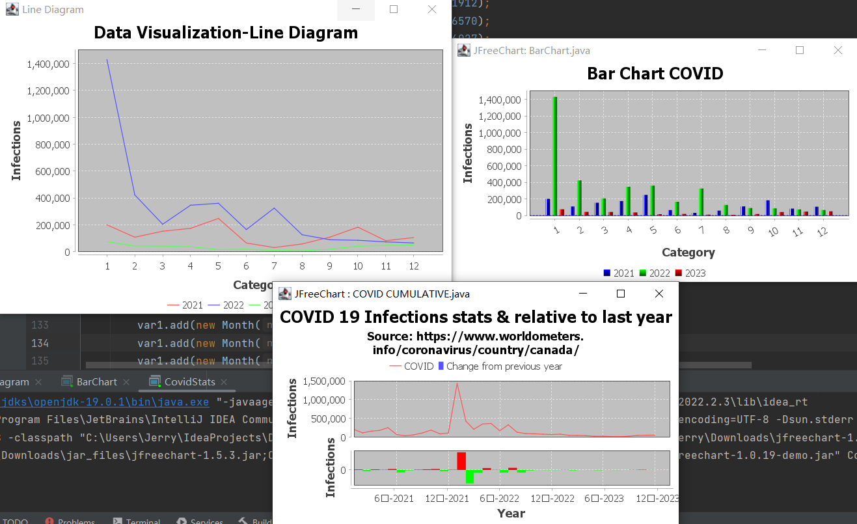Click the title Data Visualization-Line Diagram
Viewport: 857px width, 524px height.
(226, 33)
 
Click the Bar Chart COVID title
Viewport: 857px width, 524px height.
(655, 74)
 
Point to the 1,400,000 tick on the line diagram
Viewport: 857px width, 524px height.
(48, 64)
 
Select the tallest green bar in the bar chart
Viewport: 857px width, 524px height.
(555, 156)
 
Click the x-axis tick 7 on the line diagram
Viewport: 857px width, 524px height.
(275, 266)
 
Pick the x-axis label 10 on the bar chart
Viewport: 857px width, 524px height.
(772, 231)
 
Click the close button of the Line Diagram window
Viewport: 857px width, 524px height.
(431, 9)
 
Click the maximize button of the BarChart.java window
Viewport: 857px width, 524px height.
(800, 50)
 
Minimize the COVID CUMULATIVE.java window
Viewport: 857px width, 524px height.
(583, 294)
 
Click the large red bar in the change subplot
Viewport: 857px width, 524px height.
(461, 461)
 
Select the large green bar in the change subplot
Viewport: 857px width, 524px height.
(470, 476)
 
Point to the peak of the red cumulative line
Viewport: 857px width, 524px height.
(457, 383)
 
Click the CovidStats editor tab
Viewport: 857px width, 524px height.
(189, 381)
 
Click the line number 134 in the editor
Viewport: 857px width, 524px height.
(40, 343)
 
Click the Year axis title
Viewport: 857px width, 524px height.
(511, 514)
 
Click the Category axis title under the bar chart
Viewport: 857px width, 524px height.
(688, 253)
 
